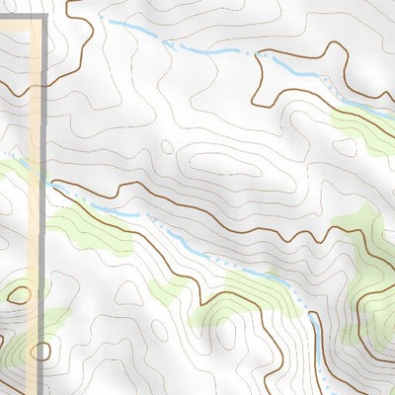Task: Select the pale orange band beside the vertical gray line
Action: point(36,148)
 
